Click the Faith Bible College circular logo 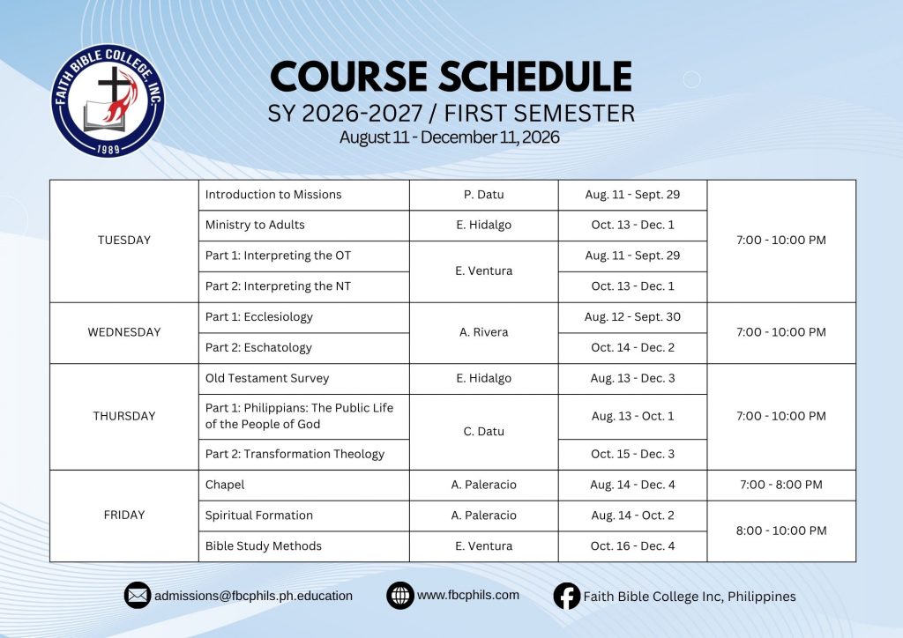[x=108, y=100]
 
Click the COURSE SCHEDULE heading [x=451, y=77]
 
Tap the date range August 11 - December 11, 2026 [x=449, y=137]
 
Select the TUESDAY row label [x=124, y=241]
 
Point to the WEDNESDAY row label [x=124, y=332]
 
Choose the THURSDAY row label [x=124, y=417]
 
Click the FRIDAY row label [x=124, y=516]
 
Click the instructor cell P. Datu [x=484, y=195]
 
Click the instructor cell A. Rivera [x=484, y=332]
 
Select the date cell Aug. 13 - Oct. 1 [x=632, y=417]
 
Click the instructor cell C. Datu [x=484, y=432]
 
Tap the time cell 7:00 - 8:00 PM [x=781, y=485]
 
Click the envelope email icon [x=138, y=596]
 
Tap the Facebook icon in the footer [x=567, y=596]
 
